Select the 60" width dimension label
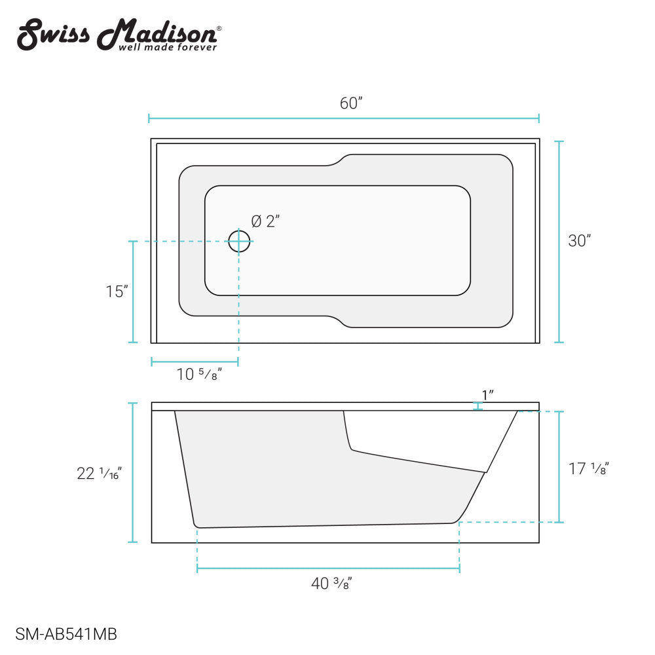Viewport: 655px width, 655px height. point(351,103)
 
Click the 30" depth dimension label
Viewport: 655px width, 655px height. point(580,240)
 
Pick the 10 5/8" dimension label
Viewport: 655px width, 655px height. point(199,375)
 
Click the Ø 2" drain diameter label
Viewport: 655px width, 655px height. point(265,221)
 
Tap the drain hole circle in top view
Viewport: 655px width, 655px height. point(239,241)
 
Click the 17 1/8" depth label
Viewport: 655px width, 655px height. point(589,468)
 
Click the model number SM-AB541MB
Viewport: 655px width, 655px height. point(66,634)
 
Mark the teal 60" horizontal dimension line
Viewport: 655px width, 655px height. point(344,119)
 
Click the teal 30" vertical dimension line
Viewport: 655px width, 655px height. point(559,241)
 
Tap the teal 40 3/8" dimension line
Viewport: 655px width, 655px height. point(328,569)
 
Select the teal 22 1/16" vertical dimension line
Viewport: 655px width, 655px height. point(133,473)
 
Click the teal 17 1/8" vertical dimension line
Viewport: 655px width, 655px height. point(559,466)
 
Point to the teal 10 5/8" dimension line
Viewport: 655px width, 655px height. point(195,362)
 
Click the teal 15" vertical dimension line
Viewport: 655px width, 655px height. point(133,292)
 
